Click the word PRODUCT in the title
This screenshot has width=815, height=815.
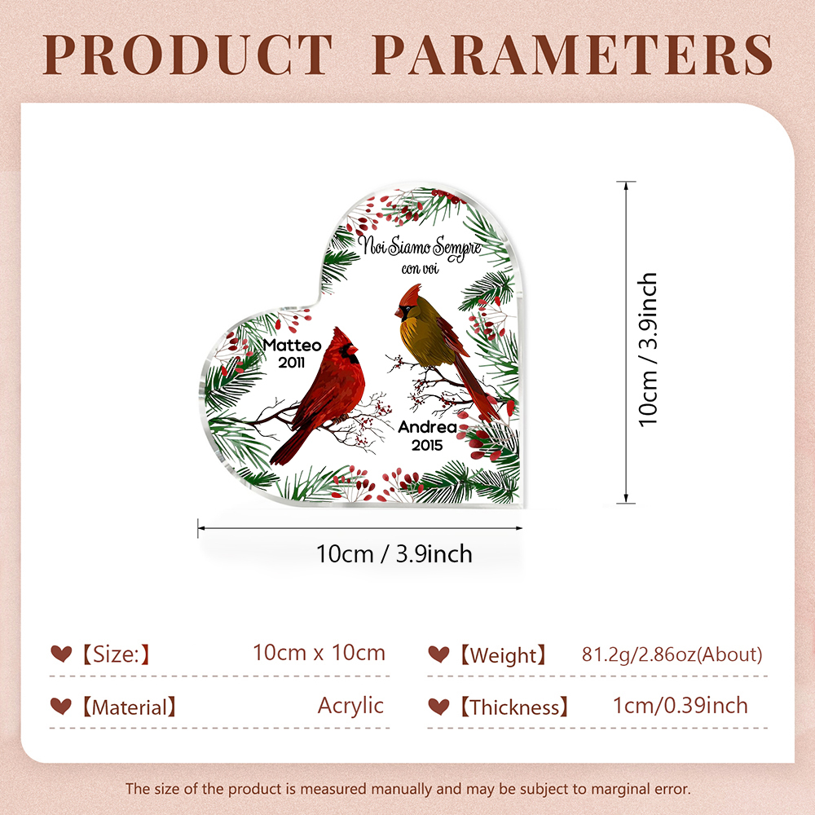[x=187, y=55]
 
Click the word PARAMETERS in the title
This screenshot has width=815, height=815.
[x=573, y=55]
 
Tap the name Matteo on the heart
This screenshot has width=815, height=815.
[x=292, y=345]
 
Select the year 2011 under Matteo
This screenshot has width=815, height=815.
[x=292, y=363]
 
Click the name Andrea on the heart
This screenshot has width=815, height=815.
[x=427, y=427]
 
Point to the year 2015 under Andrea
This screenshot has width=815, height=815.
[x=427, y=446]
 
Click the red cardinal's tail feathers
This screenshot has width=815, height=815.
[x=289, y=447]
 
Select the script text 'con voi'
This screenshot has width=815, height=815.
[x=420, y=269]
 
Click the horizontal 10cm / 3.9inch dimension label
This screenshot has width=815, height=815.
[x=394, y=554]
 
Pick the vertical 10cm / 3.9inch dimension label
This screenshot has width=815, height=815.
[x=648, y=350]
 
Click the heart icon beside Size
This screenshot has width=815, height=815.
[x=61, y=654]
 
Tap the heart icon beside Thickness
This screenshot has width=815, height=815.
[x=438, y=707]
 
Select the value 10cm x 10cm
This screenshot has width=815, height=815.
[x=319, y=653]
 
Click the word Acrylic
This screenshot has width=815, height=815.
[x=350, y=706]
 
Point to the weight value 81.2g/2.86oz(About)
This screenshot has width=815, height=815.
[x=672, y=654]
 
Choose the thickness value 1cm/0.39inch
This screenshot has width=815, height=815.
[x=681, y=706]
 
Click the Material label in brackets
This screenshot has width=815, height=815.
[x=130, y=707]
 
